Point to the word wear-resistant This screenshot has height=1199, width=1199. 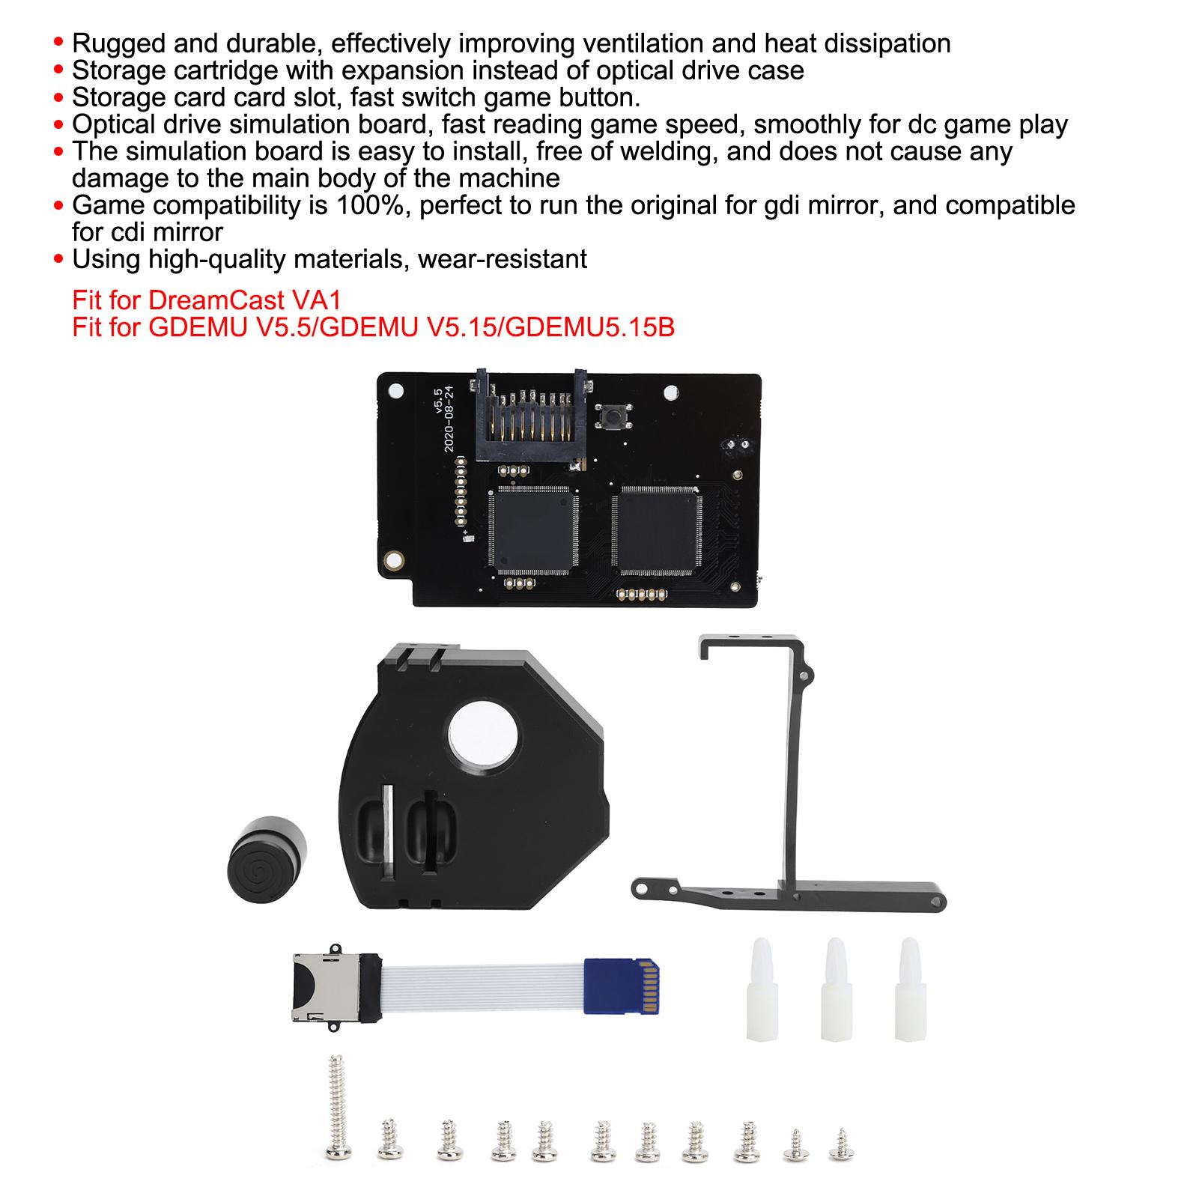pos(503,259)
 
